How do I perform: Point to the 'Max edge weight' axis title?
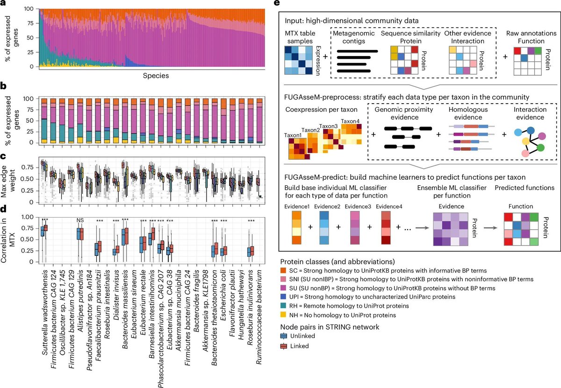(x=8, y=181)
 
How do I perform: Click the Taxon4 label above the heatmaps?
(x=351, y=121)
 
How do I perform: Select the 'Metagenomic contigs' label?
(x=351, y=39)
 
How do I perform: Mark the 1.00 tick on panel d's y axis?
(x=29, y=217)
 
